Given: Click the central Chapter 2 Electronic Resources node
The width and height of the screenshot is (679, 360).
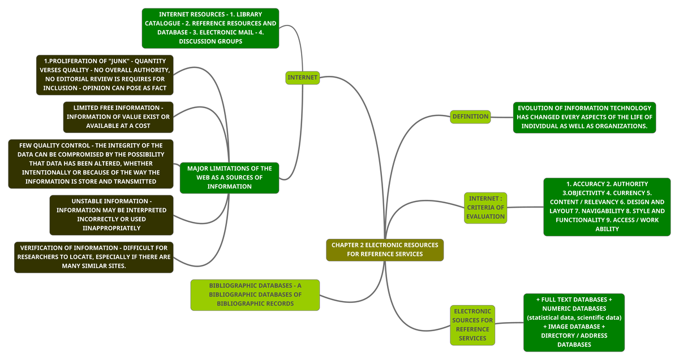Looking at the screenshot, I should (385, 250).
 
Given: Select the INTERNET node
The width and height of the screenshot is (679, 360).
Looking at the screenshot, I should (303, 78).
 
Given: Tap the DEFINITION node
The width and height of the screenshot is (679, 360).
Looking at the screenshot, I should (470, 117).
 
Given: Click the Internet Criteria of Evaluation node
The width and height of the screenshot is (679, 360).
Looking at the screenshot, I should (485, 207).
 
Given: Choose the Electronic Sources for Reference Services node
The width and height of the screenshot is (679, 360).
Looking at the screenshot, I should (472, 325).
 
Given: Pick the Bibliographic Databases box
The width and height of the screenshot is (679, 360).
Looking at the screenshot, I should (255, 295).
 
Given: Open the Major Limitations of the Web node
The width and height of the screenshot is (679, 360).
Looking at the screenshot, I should (229, 177).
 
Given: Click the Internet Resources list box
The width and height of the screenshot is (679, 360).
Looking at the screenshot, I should (210, 28).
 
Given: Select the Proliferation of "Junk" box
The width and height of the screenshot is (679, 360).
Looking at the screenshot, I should (102, 75).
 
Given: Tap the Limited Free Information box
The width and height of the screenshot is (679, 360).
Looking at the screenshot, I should (118, 117).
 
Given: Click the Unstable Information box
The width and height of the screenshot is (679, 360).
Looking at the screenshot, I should (111, 215).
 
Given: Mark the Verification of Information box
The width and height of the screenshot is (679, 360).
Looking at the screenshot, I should (94, 257).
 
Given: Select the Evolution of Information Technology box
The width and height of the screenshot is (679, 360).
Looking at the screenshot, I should (584, 117).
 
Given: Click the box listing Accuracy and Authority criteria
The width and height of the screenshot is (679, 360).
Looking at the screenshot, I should (607, 207).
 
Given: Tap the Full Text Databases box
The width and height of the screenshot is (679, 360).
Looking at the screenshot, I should (574, 322).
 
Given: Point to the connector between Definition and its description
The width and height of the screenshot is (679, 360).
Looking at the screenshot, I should (502, 117).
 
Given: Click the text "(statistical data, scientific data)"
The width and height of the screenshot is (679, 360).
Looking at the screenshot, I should (574, 318).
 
